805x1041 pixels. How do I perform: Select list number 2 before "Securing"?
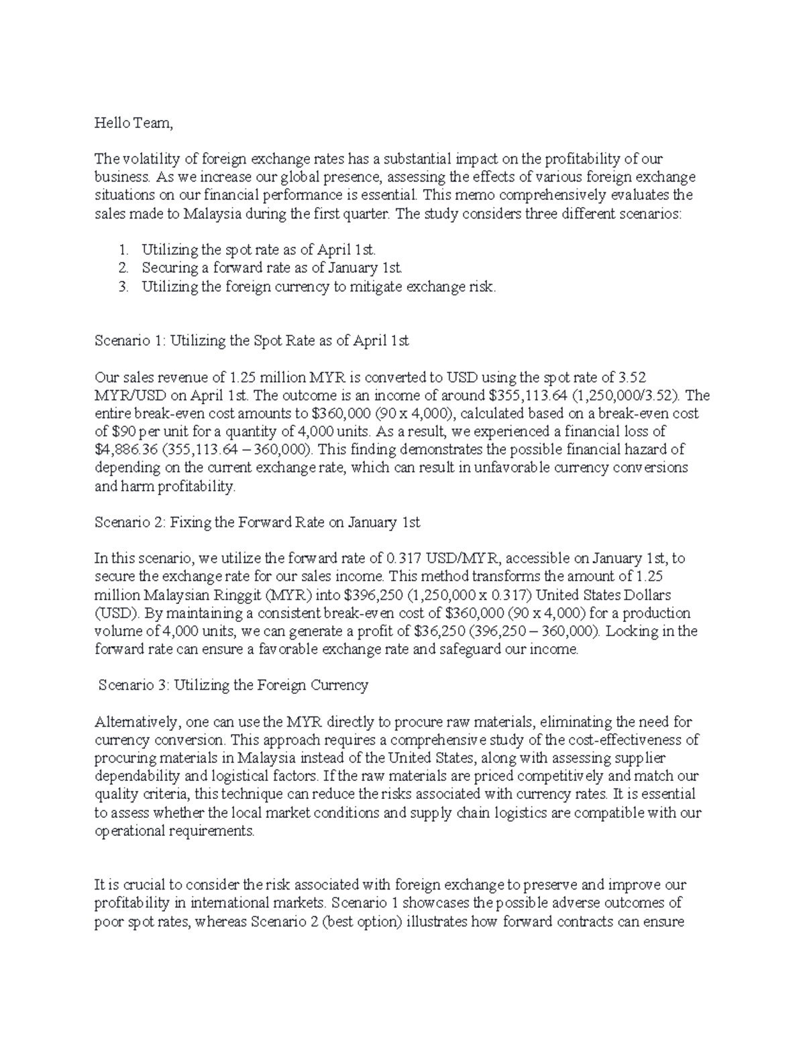(123, 268)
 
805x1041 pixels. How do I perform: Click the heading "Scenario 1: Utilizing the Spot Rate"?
(252, 341)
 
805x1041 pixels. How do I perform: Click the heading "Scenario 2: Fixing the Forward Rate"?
(258, 522)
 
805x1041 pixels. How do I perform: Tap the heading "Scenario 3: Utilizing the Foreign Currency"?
(233, 685)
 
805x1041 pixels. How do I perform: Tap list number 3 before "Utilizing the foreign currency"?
(123, 287)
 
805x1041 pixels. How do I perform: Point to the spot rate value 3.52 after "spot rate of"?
(633, 377)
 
